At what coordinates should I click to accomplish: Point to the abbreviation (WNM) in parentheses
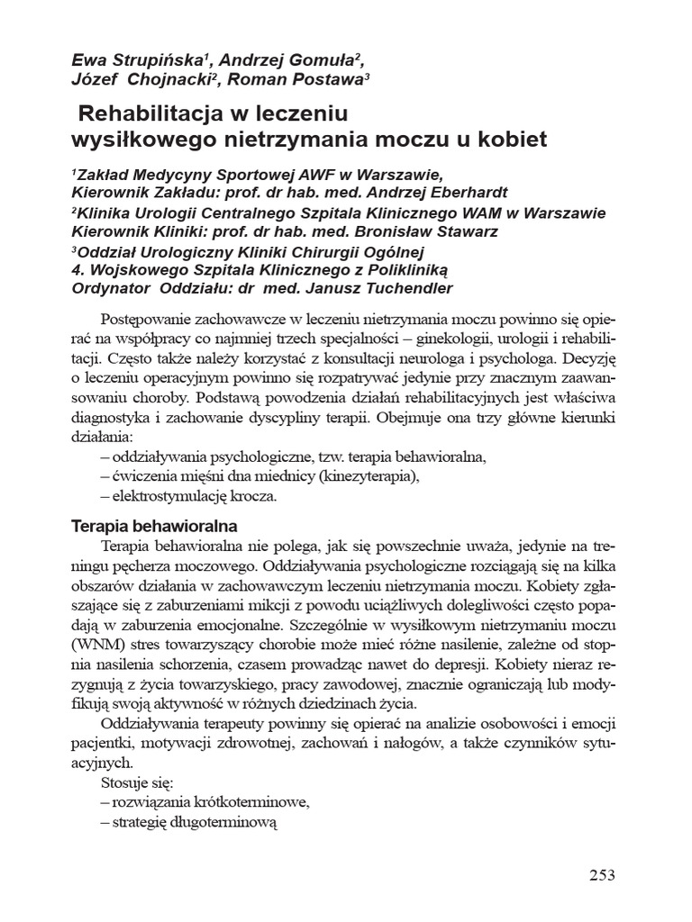(x=96, y=646)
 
